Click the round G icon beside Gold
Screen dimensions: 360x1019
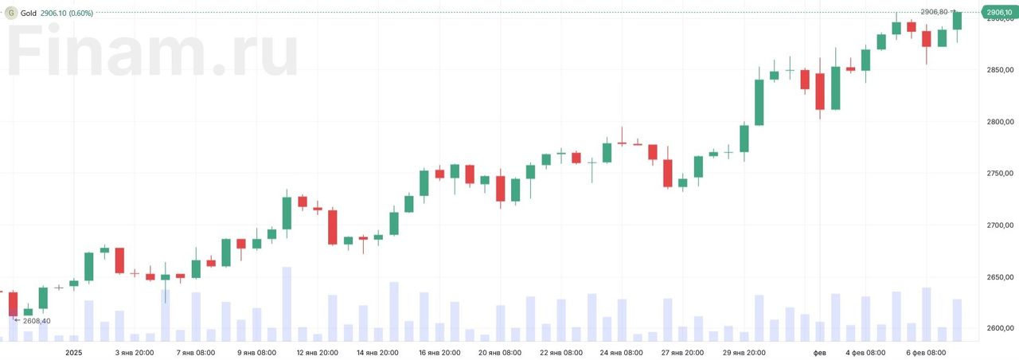pyautogui.click(x=11, y=13)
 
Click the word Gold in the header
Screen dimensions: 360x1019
pyautogui.click(x=29, y=13)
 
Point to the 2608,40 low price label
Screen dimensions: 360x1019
pyautogui.click(x=37, y=321)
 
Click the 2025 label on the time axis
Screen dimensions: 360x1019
pyautogui.click(x=74, y=352)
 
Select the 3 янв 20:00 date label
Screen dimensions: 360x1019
pyautogui.click(x=135, y=352)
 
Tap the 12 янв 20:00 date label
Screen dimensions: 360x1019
pyautogui.click(x=317, y=352)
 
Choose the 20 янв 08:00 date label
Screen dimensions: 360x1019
pyautogui.click(x=499, y=352)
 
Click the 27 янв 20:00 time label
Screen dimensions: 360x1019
pyautogui.click(x=681, y=352)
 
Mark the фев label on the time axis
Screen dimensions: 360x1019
pyautogui.click(x=819, y=352)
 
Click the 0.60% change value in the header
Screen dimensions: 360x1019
pyautogui.click(x=81, y=13)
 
